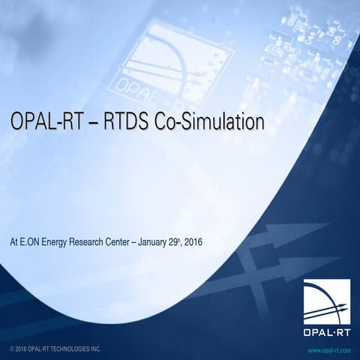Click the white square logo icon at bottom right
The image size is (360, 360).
coord(326,304)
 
